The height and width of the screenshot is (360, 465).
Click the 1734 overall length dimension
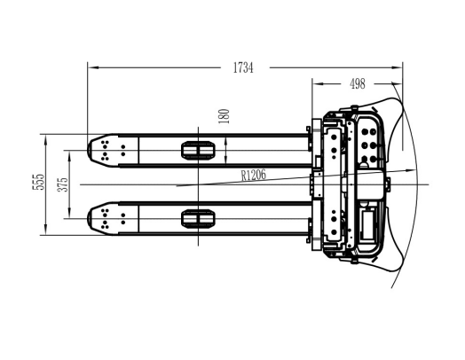pyautogui.click(x=243, y=68)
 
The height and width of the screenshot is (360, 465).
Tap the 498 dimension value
pyautogui.click(x=358, y=84)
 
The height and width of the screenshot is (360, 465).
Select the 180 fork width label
pyautogui.click(x=225, y=116)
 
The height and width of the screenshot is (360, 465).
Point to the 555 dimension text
pyautogui.click(x=38, y=182)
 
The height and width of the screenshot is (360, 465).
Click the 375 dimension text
pyautogui.click(x=63, y=184)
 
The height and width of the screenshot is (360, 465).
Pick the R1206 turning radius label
pyautogui.click(x=254, y=175)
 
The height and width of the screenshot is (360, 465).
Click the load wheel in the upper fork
pyautogui.click(x=198, y=151)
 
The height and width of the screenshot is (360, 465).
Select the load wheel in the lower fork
pyautogui.click(x=198, y=219)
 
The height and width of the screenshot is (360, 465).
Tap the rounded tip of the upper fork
pyautogui.click(x=90, y=150)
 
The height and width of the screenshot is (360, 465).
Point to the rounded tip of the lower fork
pyautogui.click(x=90, y=219)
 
